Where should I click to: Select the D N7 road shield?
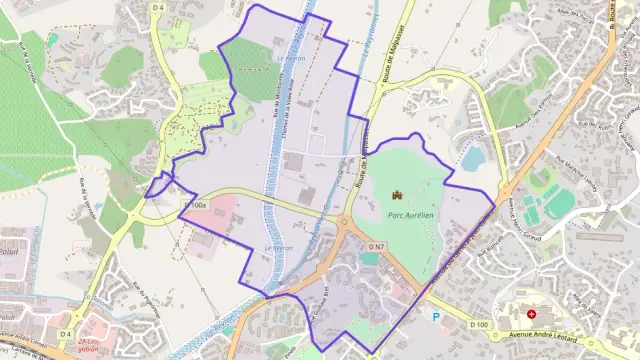click(x=377, y=246)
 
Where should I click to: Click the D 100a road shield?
click(x=195, y=205)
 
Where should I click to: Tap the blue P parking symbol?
click(x=435, y=316)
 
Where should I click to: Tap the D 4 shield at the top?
click(x=158, y=8)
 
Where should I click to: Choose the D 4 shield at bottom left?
click(x=67, y=333)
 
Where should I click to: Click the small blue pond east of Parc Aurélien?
click(x=471, y=158)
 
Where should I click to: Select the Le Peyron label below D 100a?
click(x=276, y=247)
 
